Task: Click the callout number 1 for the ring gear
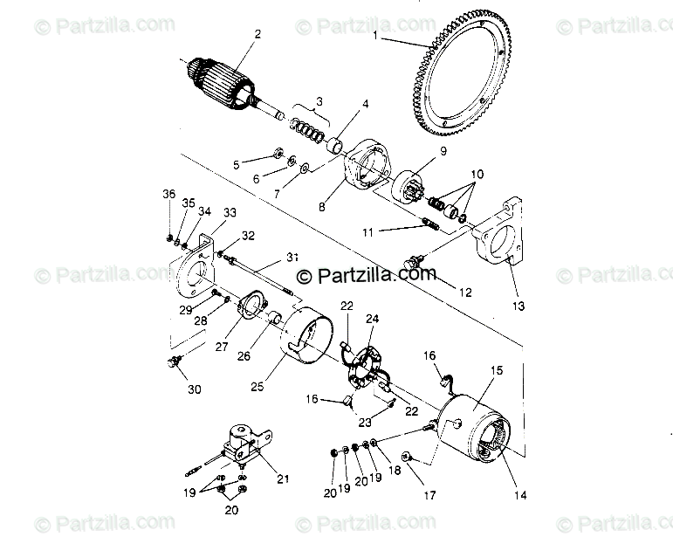pos(376,36)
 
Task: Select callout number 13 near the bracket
pos(518,306)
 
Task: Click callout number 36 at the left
pos(168,194)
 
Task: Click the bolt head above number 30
pos(171,360)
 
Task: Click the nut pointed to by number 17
pos(407,457)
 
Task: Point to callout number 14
pos(519,496)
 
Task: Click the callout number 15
pos(496,370)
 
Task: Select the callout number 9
pos(443,150)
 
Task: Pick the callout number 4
pos(364,104)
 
